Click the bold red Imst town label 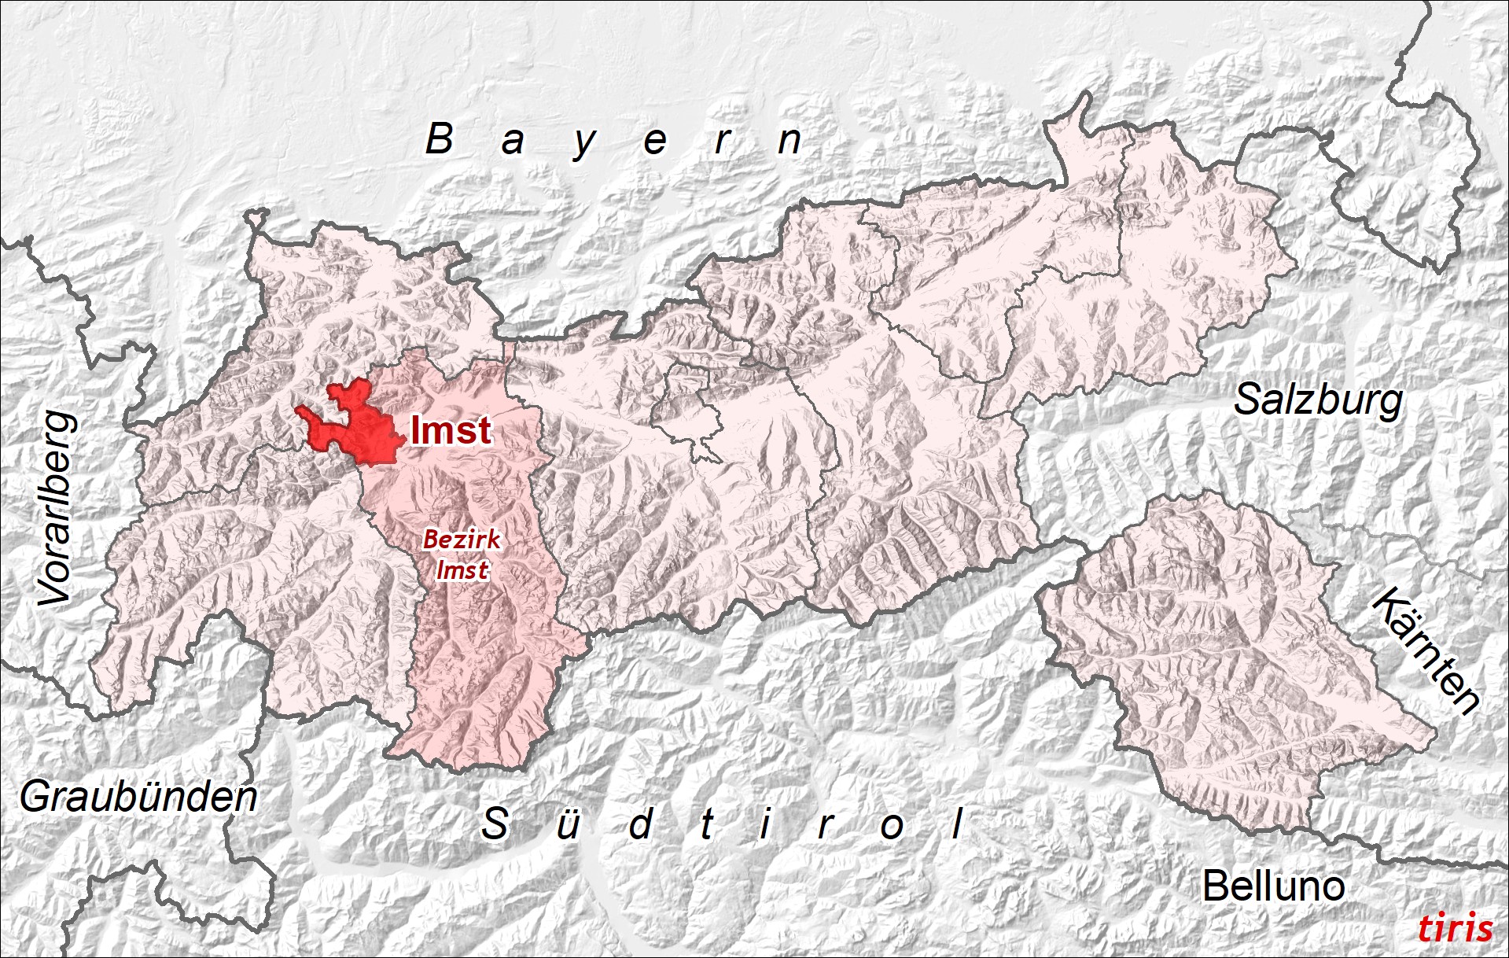(451, 430)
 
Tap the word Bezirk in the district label (462, 540)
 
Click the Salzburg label (1318, 400)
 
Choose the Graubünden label (138, 797)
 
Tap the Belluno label (1273, 886)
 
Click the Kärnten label (1426, 651)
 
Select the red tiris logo (1455, 928)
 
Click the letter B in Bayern (440, 139)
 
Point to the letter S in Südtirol (495, 824)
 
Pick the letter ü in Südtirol (568, 824)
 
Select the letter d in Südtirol (641, 824)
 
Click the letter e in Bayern (655, 142)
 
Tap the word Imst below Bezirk (462, 569)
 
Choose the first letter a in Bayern (513, 142)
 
